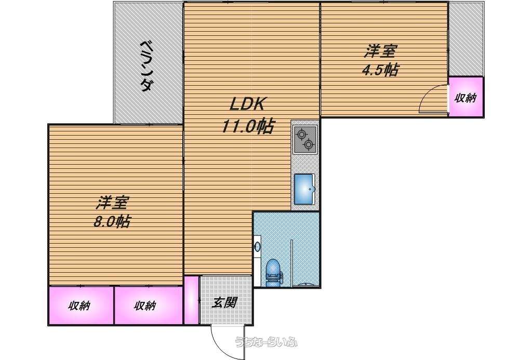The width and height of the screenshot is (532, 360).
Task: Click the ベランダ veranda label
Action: (x=146, y=66)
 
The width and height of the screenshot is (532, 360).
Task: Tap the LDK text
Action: (x=247, y=104)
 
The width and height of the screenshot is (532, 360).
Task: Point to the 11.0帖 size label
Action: (x=248, y=127)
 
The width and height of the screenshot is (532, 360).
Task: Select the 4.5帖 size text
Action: (x=380, y=70)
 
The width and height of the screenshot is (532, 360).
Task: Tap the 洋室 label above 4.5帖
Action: (x=380, y=52)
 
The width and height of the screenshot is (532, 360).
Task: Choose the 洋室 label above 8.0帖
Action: (x=112, y=203)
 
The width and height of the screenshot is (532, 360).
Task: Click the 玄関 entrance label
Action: (x=224, y=302)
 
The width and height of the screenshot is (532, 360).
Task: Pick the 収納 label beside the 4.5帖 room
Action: (x=466, y=98)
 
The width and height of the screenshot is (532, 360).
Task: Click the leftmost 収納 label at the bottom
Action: (x=79, y=305)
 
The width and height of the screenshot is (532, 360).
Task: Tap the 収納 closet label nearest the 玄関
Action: (x=145, y=305)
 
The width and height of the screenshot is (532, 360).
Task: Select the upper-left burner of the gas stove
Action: (x=301, y=135)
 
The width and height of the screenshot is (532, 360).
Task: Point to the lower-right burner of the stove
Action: (x=309, y=145)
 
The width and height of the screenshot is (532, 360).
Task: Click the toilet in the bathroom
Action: (x=273, y=273)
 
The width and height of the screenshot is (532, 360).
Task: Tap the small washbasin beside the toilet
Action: (x=258, y=246)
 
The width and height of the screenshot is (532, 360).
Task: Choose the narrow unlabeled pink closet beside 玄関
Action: (x=191, y=300)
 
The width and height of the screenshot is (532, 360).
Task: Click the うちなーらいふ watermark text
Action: (x=267, y=342)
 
